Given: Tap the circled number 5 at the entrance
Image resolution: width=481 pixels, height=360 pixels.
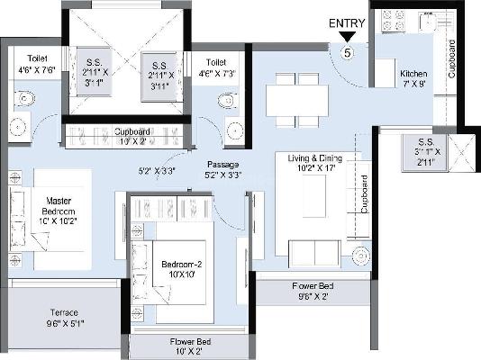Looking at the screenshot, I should coord(348,52).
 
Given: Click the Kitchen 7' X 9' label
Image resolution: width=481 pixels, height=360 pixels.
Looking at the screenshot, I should coord(414,78).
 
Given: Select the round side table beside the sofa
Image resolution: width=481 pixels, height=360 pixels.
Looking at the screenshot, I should coord(358,253).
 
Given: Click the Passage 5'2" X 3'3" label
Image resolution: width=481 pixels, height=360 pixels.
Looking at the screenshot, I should coord(224,169).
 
